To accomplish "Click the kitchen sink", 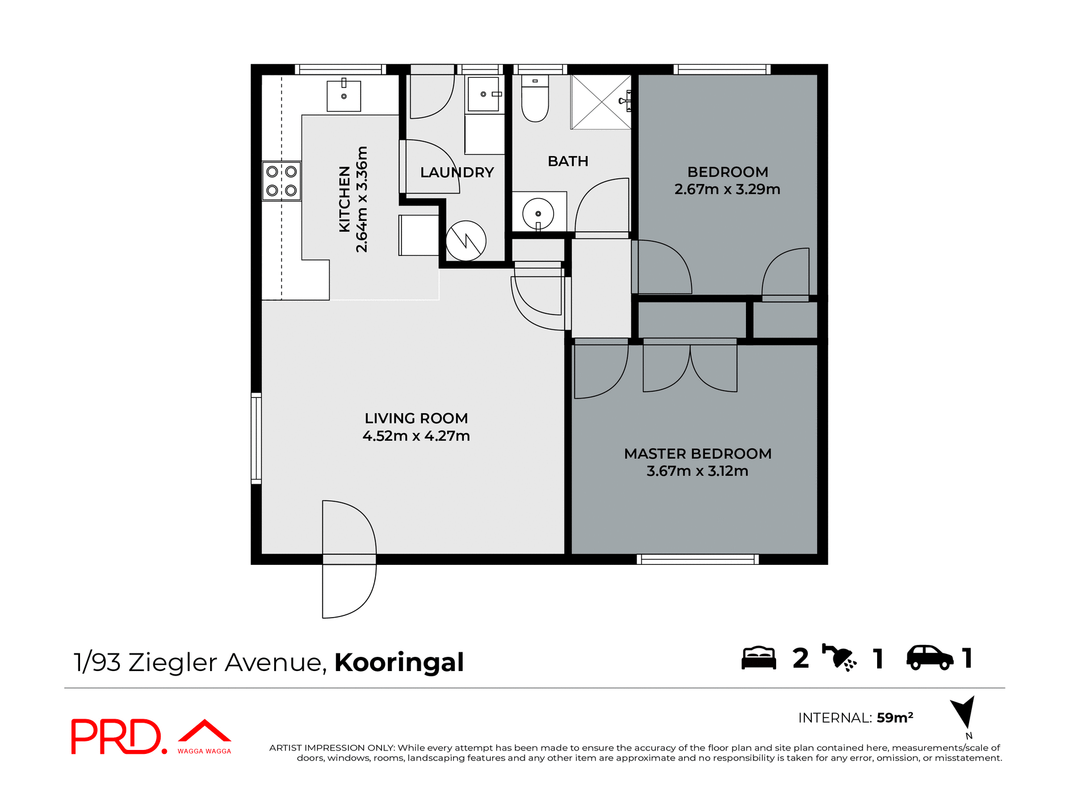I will click(x=343, y=96).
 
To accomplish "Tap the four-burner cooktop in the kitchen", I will click(x=282, y=181).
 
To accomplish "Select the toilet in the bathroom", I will click(x=535, y=100).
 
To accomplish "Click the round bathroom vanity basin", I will click(x=538, y=213).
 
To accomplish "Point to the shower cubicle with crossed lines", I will click(x=601, y=102).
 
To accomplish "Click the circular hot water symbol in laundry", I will click(x=466, y=241).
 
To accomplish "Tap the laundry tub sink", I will click(x=484, y=94).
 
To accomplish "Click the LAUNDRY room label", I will click(x=456, y=173).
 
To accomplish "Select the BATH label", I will click(x=568, y=161).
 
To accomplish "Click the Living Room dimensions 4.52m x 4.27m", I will click(x=416, y=436).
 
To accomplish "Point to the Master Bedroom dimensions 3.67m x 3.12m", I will click(x=697, y=471).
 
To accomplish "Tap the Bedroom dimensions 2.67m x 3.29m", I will click(x=727, y=190).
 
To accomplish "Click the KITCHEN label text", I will click(x=345, y=199).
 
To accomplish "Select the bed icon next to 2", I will click(x=758, y=658).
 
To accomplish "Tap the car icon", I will click(x=929, y=658).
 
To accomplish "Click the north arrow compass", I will click(x=964, y=712).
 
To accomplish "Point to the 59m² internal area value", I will click(x=895, y=718).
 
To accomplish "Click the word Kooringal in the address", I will click(x=399, y=663).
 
